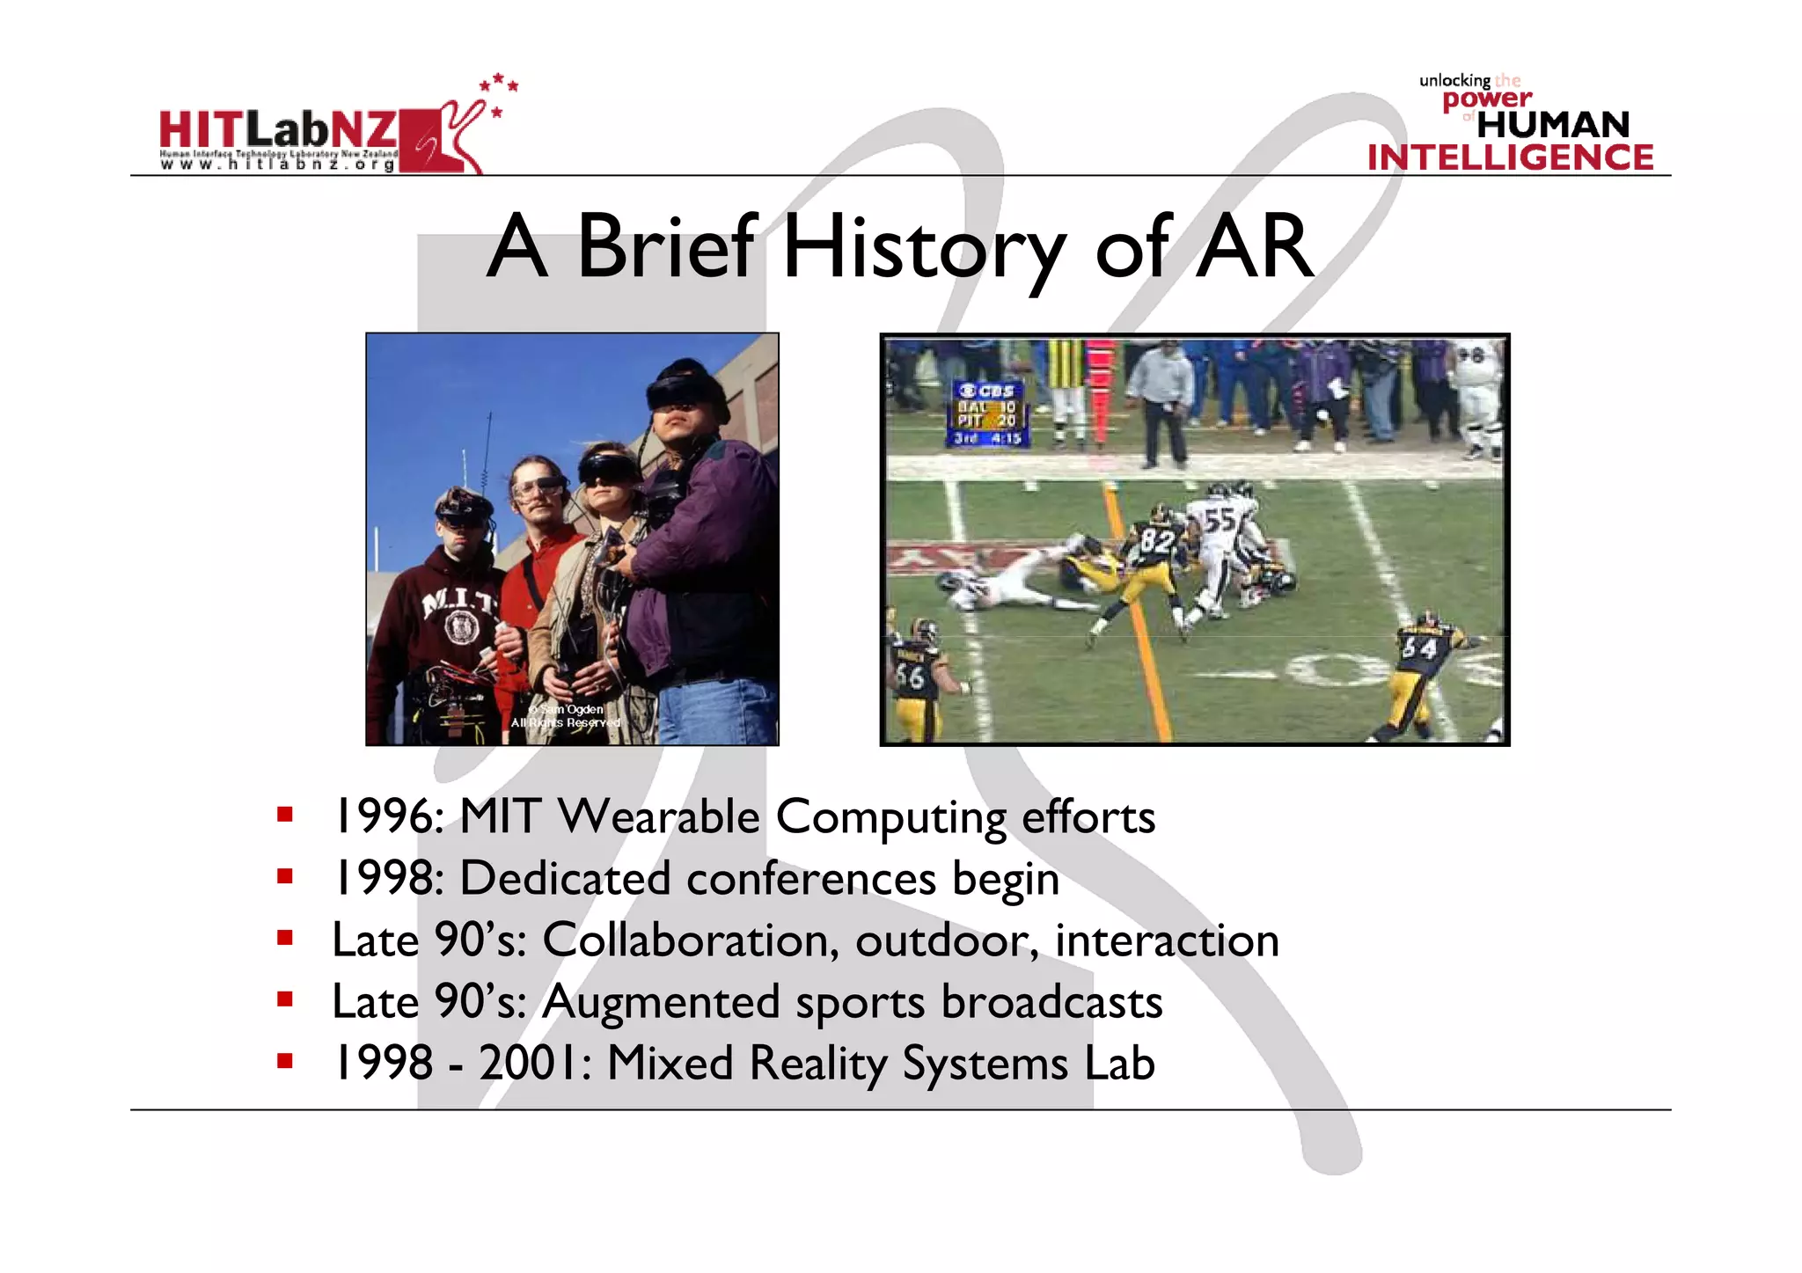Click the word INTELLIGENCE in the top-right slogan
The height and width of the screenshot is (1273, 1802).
[x=1510, y=157]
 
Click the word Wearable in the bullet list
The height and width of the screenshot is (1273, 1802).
[x=658, y=816]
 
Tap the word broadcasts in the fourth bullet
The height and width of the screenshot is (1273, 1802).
[x=1051, y=1001]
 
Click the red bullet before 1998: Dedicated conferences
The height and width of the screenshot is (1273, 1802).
[x=284, y=876]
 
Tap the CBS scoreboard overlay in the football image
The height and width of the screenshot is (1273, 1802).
[x=987, y=413]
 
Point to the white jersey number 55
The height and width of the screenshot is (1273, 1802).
[x=1220, y=519]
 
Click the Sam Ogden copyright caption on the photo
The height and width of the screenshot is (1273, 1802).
[x=566, y=715]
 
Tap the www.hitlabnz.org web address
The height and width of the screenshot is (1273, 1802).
[x=277, y=165]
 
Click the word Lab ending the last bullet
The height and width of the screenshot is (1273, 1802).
[x=1118, y=1063]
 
